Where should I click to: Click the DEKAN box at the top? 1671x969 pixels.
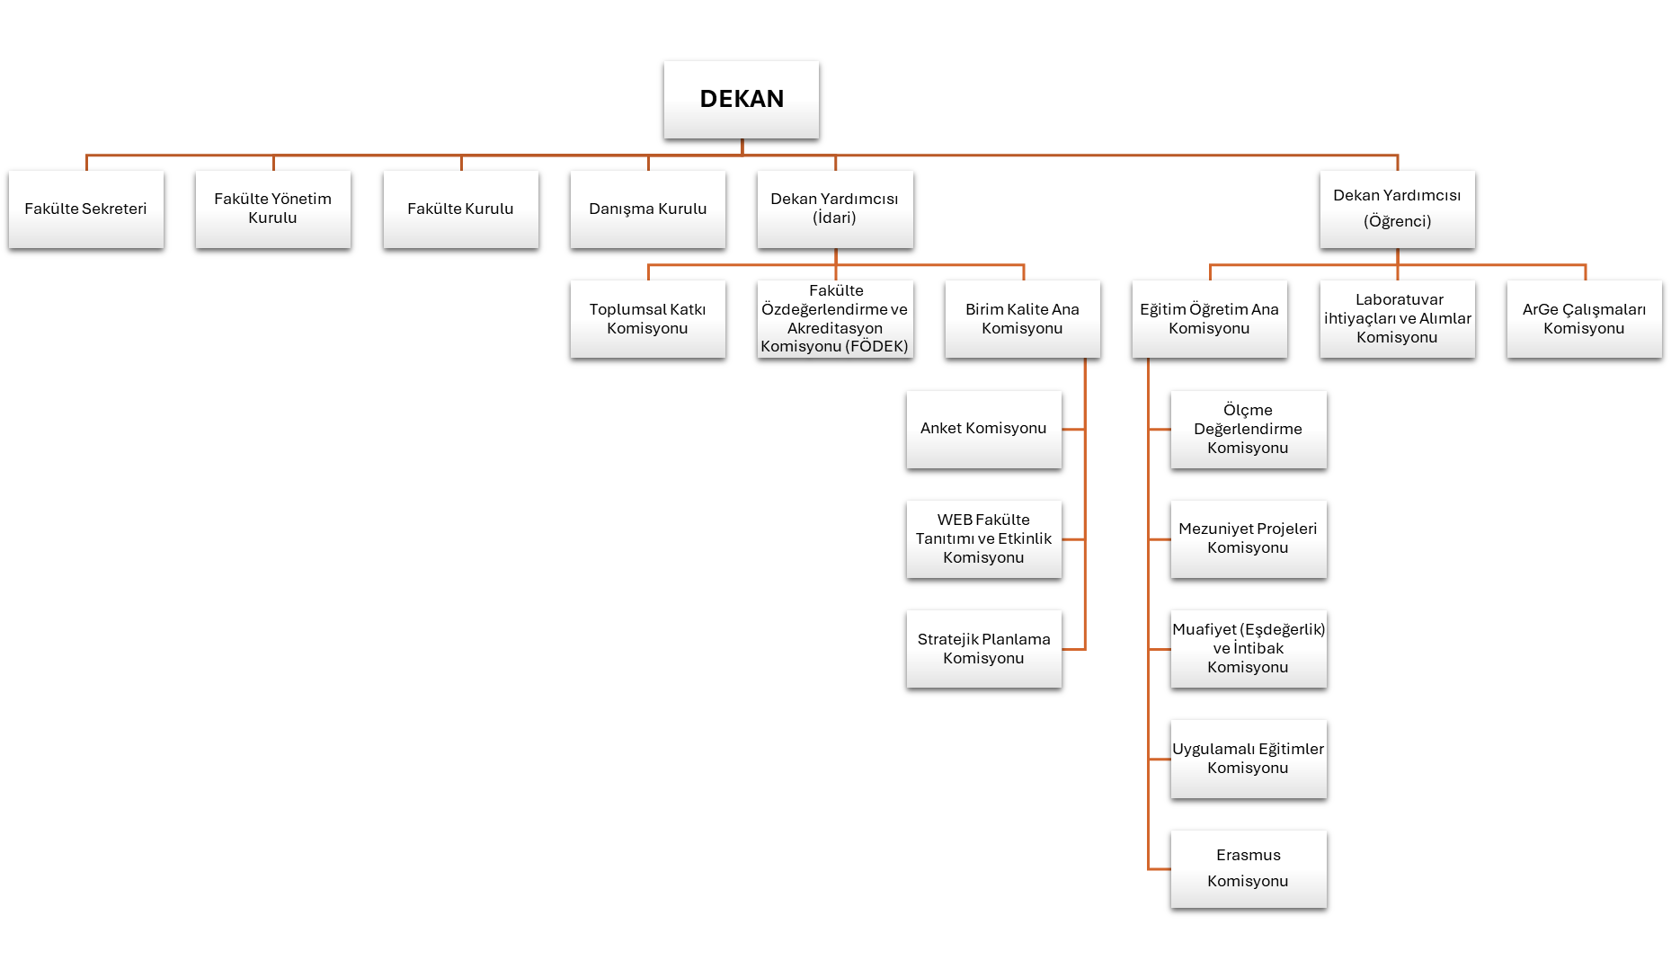point(741,99)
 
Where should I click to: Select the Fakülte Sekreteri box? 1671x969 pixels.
point(85,209)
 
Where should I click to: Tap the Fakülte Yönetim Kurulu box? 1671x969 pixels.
point(272,209)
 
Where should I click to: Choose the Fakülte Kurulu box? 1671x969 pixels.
point(460,209)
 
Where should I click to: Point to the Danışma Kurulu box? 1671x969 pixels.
point(647,209)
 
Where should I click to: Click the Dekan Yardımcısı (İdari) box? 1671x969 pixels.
point(834,209)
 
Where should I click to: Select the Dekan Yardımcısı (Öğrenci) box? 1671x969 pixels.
point(1397,209)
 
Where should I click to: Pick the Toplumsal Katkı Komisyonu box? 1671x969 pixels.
point(647,319)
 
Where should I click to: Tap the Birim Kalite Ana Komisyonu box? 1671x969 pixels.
point(1022,319)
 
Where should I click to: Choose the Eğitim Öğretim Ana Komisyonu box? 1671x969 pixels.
point(1209,319)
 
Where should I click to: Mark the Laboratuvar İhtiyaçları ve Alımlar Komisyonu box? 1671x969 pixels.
point(1397,319)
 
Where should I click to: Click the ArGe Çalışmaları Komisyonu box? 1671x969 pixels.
point(1584,319)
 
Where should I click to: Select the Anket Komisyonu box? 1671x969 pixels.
point(983,429)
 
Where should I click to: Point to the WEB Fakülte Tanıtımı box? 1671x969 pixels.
point(983,538)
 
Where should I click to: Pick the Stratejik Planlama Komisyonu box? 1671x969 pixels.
point(983,649)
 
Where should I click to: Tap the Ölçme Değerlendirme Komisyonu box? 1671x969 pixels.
point(1248,429)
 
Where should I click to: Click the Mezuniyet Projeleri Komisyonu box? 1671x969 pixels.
point(1248,538)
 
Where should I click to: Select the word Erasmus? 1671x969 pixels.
point(1248,856)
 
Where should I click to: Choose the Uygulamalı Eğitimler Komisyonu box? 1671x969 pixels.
point(1248,759)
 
